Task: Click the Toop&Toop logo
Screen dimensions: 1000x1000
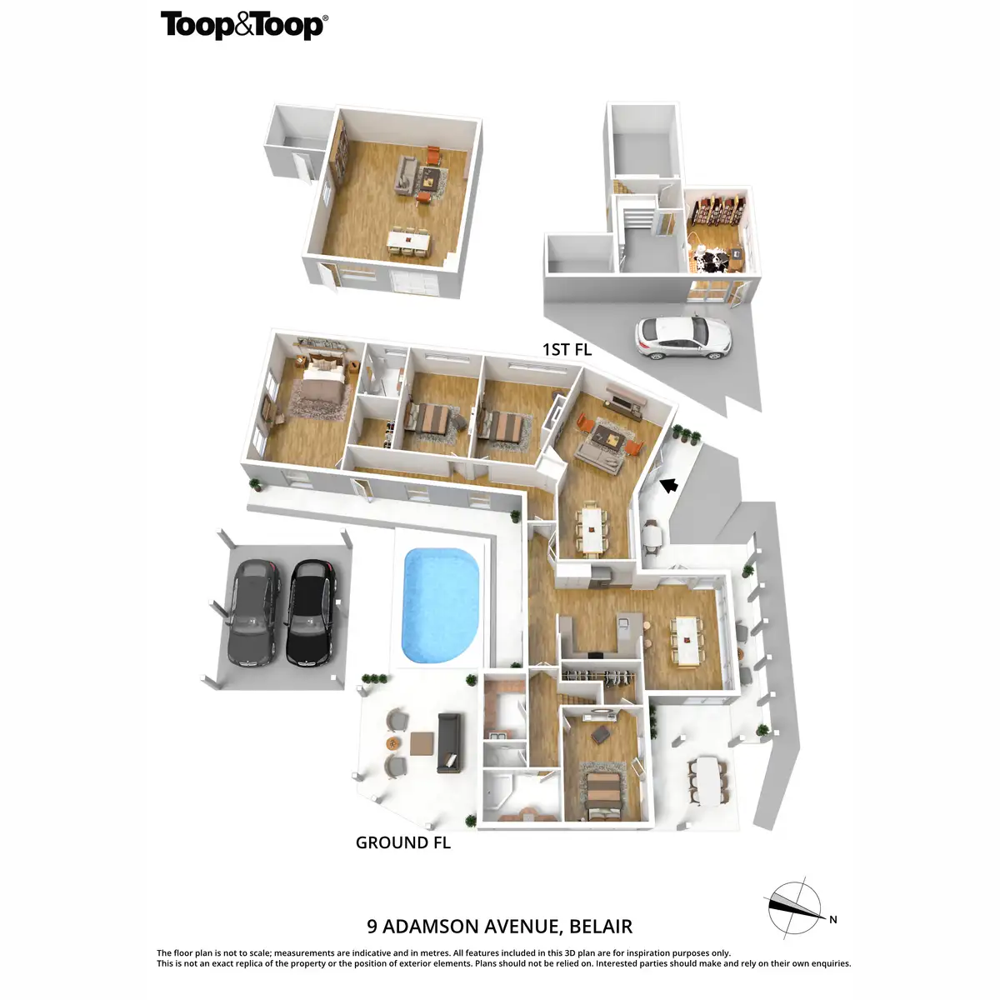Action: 243,25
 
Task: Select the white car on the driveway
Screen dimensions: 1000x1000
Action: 683,337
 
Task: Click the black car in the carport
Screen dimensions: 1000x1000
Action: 309,612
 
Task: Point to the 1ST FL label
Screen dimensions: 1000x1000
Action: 567,350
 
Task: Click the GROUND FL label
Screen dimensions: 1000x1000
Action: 402,842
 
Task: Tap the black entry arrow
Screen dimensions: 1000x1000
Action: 669,484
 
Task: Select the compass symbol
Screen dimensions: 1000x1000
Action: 794,907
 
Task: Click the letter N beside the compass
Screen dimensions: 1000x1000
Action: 832,920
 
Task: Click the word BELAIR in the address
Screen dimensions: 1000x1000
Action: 600,927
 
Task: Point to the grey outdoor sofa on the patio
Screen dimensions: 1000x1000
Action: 448,742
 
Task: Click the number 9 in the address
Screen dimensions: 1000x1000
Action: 372,927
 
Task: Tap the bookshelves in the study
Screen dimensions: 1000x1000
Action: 719,210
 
